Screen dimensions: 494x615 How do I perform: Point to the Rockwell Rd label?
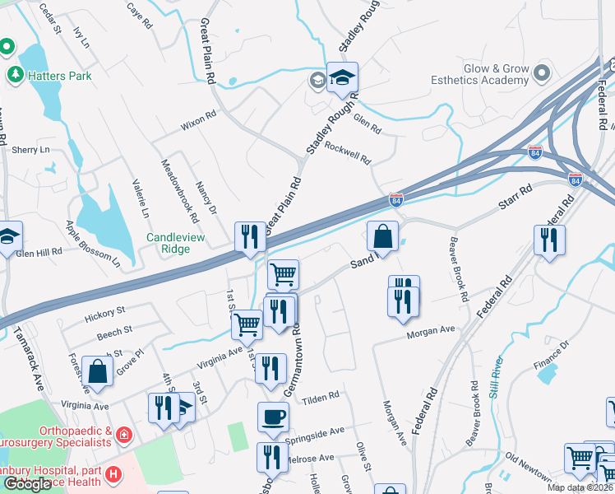[x=349, y=151]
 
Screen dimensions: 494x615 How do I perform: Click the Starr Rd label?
[x=516, y=200]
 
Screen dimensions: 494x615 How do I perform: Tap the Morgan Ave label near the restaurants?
[x=429, y=332]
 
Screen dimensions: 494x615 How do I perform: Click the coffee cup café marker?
[x=273, y=417]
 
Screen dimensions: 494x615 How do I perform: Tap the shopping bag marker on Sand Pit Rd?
[x=383, y=236]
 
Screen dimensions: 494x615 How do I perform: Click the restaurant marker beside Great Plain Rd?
[x=249, y=237]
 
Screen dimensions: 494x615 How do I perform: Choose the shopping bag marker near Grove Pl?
[x=97, y=371]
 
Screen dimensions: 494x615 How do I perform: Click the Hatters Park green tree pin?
[x=15, y=76]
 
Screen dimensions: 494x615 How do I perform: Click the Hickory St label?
[x=104, y=314]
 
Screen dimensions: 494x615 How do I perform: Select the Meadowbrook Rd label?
[x=179, y=191]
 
